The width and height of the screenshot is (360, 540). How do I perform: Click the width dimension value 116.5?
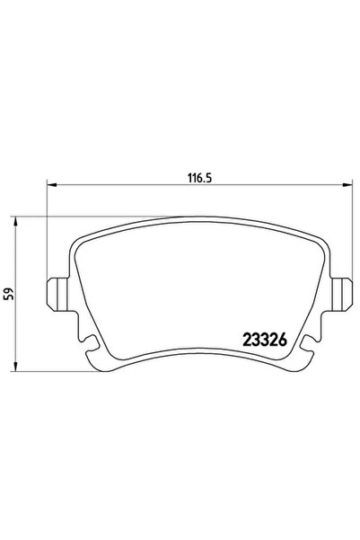(199, 178)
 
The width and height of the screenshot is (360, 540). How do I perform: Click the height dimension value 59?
(9, 293)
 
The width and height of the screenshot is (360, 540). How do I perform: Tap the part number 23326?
(265, 340)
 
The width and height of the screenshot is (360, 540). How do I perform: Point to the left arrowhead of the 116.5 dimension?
(51, 185)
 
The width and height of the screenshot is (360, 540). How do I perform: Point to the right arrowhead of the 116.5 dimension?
(347, 185)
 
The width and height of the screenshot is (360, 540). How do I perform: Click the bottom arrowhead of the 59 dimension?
(15, 367)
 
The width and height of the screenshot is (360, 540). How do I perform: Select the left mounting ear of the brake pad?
(57, 295)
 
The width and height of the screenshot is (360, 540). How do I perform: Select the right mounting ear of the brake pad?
(341, 295)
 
